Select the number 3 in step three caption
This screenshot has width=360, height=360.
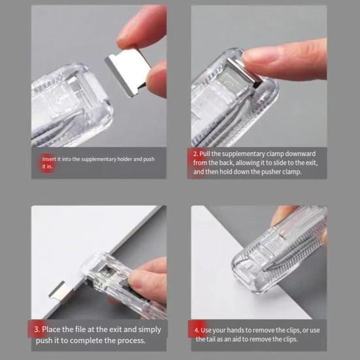click(38, 329)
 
